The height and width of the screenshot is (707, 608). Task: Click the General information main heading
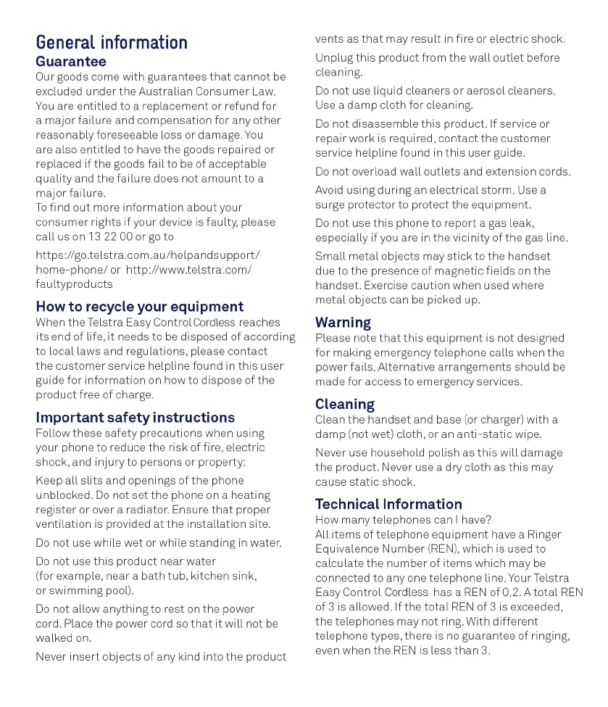click(x=112, y=43)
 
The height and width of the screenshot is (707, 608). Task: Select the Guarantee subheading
click(x=71, y=62)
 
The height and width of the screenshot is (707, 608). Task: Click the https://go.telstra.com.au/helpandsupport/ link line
click(x=147, y=255)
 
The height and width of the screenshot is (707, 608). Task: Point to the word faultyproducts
click(x=74, y=284)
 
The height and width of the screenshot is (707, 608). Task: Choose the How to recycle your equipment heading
click(x=140, y=307)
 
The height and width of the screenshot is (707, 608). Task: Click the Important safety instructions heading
click(x=135, y=418)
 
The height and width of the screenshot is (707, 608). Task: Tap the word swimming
click(x=75, y=590)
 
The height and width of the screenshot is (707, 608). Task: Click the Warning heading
click(x=343, y=323)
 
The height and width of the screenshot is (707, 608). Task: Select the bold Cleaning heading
click(x=344, y=404)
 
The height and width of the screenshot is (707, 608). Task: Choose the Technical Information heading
click(x=388, y=504)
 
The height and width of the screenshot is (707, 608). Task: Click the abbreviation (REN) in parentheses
click(x=443, y=549)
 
